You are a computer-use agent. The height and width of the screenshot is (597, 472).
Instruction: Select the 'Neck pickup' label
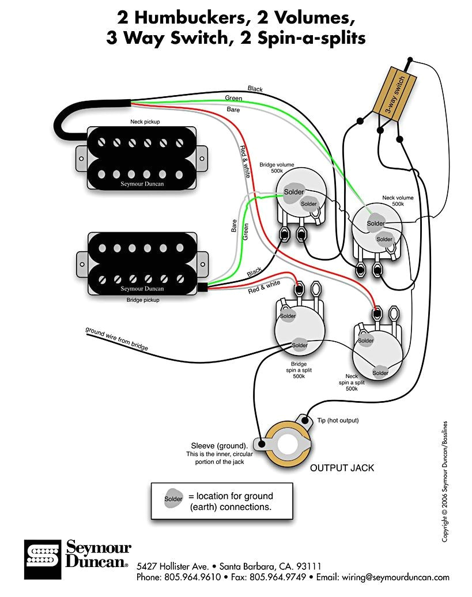coord(145,122)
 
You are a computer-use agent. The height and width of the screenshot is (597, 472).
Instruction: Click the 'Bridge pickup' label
coord(143,300)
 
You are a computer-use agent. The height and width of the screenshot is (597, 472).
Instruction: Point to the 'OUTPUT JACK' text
coord(342,468)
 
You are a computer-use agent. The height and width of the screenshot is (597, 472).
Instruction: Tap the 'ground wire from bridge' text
coord(117,339)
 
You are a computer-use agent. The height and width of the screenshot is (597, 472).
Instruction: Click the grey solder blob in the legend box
coord(173,499)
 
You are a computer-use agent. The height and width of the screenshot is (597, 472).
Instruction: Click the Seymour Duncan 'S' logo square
coord(43,560)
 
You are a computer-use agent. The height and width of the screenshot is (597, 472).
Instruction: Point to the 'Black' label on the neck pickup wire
coord(255,89)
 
